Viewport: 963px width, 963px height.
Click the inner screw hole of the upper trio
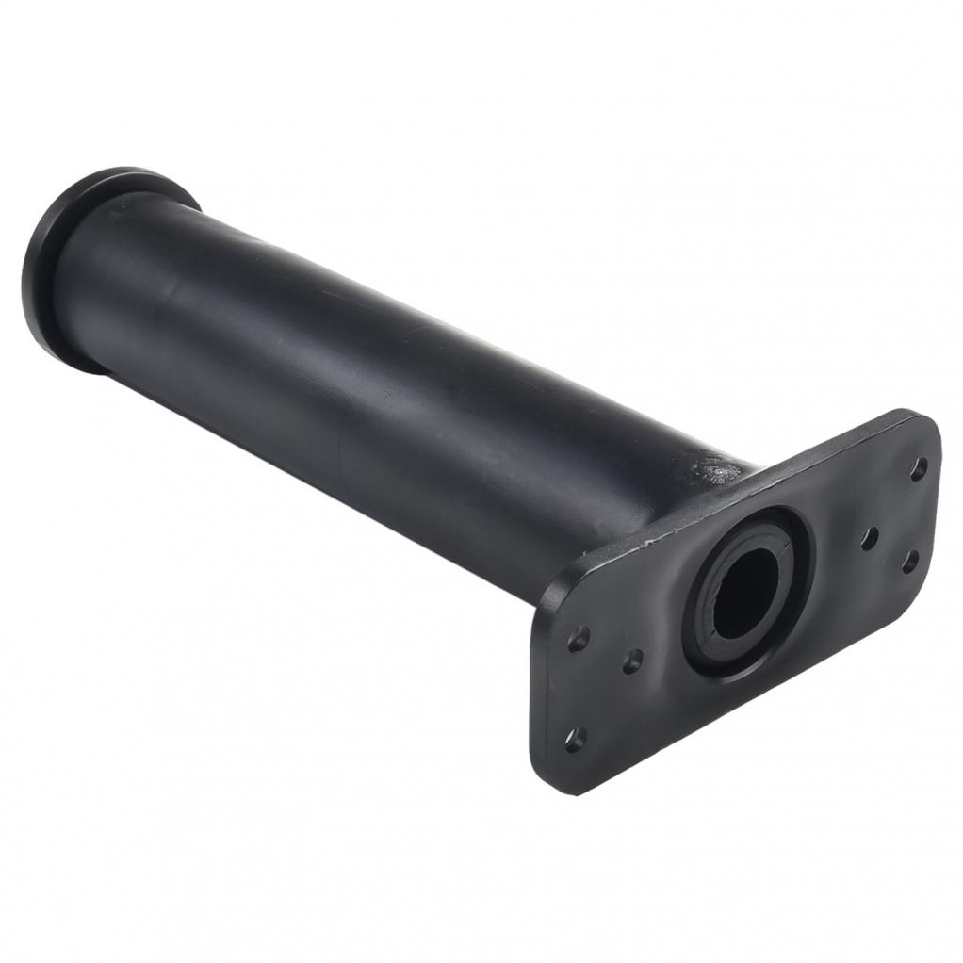[871, 537]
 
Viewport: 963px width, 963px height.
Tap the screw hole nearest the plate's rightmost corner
[910, 563]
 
